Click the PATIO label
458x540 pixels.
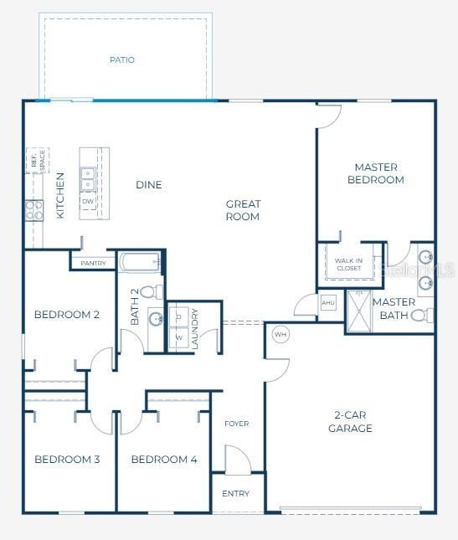(122, 60)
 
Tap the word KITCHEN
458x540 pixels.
(60, 196)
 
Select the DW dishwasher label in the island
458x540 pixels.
(88, 202)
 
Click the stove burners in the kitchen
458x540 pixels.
(34, 209)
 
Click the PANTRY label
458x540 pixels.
(93, 263)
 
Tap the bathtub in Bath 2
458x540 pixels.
(139, 263)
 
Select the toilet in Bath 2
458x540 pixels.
(151, 292)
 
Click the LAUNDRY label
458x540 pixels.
(194, 328)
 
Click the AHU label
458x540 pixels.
(328, 302)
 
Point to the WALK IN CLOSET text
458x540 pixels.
(348, 265)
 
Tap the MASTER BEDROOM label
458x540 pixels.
(376, 173)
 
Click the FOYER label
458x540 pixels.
(237, 424)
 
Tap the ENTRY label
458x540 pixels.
(236, 493)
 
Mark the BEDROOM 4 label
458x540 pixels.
(164, 459)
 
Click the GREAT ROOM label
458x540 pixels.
(243, 210)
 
